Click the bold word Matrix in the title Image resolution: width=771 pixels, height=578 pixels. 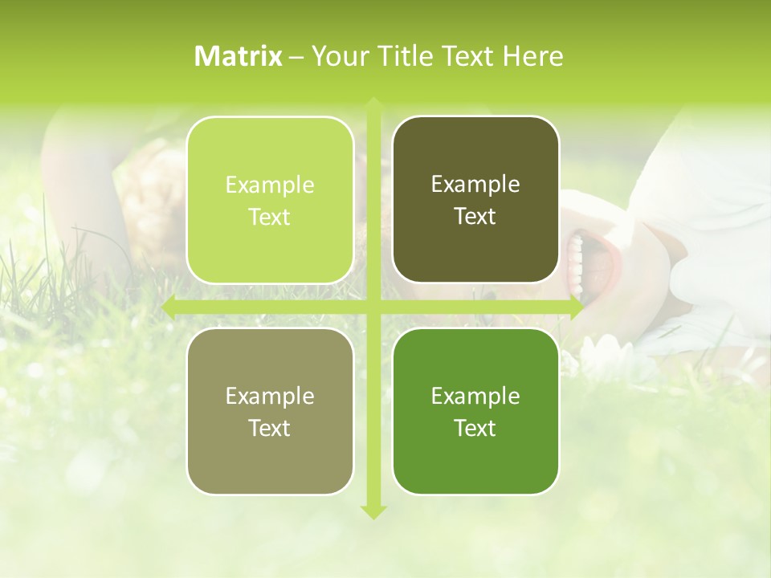(x=239, y=56)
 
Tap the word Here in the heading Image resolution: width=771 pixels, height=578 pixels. (x=532, y=56)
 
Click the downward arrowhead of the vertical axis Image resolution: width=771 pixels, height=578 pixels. (x=373, y=511)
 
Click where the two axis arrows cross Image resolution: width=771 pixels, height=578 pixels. (x=373, y=307)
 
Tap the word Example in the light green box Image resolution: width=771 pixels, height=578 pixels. (x=270, y=185)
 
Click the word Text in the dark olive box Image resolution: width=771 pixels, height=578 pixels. (x=475, y=217)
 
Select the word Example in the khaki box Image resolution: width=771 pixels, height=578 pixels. (x=270, y=397)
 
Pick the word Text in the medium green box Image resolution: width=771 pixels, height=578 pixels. (x=475, y=428)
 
